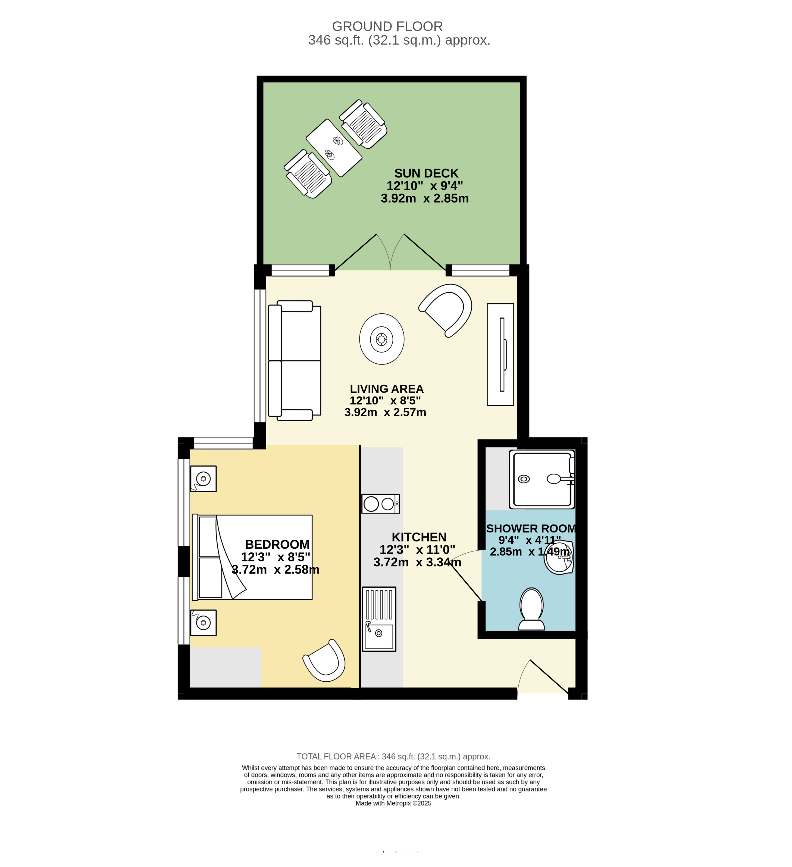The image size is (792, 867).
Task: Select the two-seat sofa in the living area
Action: (x=295, y=360)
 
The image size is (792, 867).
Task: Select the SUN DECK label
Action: (x=427, y=173)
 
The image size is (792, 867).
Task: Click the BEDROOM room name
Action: (x=277, y=544)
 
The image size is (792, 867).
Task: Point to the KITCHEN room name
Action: (x=419, y=537)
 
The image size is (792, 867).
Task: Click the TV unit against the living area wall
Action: (x=500, y=354)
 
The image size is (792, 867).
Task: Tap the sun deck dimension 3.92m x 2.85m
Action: (x=425, y=198)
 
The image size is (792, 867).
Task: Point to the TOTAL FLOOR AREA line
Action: (x=393, y=756)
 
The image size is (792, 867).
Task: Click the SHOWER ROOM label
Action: (x=531, y=529)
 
